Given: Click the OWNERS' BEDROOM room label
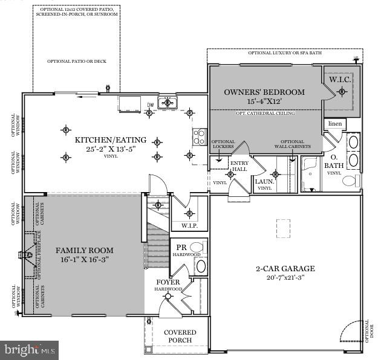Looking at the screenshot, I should pos(264,92).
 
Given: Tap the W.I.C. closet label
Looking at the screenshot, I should pos(341,80).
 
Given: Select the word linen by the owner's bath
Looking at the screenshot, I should pos(334,124).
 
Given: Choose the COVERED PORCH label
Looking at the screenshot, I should pos(180,336).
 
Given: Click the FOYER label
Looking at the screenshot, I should pos(169,282).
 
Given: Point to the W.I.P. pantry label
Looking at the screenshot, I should pos(189,225).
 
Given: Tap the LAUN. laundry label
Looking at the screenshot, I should pos(264,181).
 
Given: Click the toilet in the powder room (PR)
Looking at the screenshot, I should pos(201,266).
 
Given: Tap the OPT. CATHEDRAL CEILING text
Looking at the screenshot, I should pos(266,113).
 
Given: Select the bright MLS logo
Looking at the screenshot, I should pos(30,349).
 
